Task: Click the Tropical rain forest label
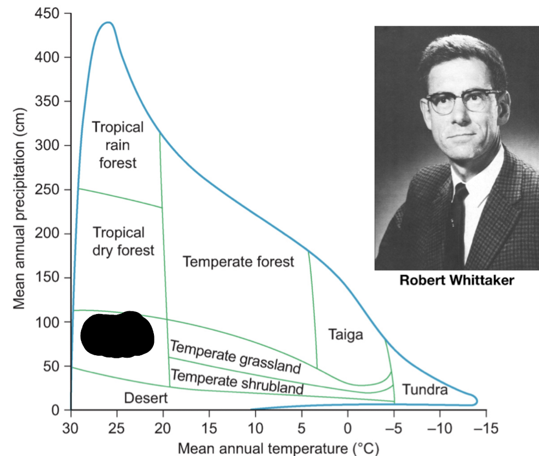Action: (117, 145)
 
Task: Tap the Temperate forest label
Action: (238, 261)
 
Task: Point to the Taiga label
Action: (346, 334)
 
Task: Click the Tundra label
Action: (425, 390)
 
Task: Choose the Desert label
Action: (145, 398)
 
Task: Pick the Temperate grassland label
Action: (236, 356)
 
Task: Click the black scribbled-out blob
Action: (117, 335)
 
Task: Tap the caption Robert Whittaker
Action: (456, 281)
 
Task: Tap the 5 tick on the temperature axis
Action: (301, 428)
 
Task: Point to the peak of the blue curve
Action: (108, 22)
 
